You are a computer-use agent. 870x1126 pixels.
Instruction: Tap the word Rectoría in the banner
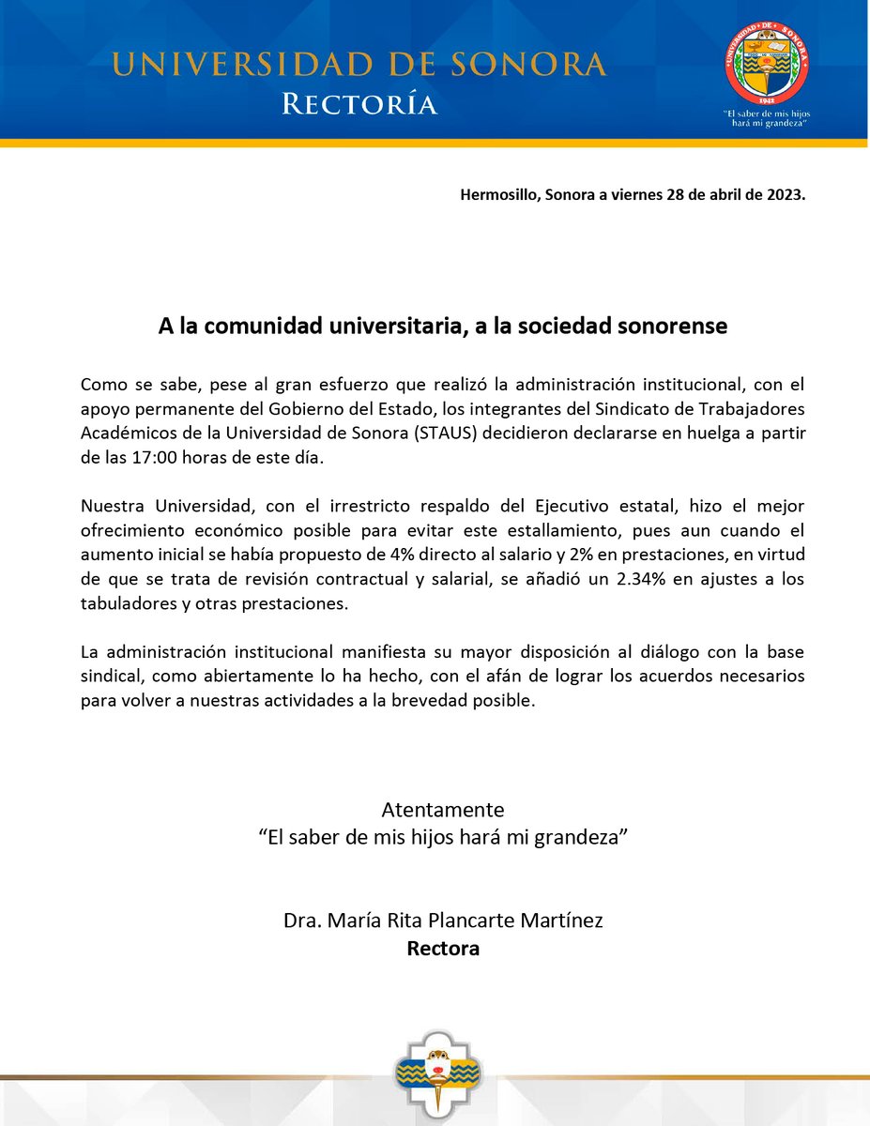tap(360, 103)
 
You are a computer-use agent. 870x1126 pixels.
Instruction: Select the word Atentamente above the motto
tap(443, 810)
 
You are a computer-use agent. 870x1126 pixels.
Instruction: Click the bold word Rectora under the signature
tap(443, 949)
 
